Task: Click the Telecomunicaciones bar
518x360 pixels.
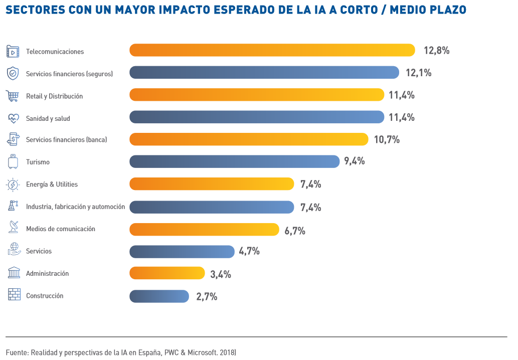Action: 272,50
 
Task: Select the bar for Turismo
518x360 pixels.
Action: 235,161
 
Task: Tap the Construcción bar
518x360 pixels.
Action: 159,296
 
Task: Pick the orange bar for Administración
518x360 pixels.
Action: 167,273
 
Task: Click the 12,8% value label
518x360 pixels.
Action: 436,51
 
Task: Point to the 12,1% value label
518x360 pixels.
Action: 418,73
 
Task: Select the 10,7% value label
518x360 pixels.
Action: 387,140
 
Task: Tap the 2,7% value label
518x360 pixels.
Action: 207,297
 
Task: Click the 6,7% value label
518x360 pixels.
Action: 294,231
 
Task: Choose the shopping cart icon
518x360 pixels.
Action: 13,96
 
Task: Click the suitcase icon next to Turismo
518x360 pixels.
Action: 13,162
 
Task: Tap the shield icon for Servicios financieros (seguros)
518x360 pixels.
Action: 13,74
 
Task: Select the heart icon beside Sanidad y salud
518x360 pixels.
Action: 13,118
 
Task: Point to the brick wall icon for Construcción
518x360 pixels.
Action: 14,295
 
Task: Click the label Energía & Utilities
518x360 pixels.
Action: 52,185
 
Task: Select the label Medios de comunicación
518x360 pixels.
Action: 60,229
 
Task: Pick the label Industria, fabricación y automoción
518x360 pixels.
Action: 75,207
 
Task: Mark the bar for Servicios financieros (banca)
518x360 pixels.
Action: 249,139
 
